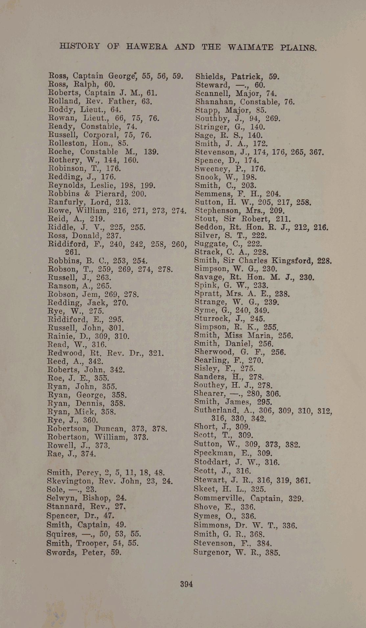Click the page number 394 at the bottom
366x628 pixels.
click(186, 584)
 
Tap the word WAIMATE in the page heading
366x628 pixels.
click(250, 47)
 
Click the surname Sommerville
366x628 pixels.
click(221, 499)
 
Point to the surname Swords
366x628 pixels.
click(62, 552)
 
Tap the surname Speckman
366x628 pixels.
click(215, 454)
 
